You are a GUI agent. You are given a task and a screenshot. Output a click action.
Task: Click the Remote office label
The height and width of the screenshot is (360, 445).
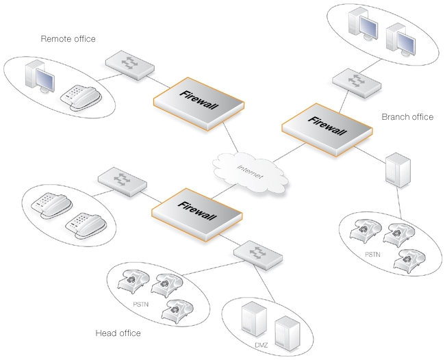[x=68, y=39]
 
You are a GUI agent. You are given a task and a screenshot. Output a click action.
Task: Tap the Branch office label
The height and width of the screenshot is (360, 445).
[x=407, y=117]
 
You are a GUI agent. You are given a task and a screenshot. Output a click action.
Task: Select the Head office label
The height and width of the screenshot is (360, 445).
[x=118, y=333]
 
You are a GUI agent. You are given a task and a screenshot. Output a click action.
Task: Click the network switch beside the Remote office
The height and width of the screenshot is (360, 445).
[x=130, y=64]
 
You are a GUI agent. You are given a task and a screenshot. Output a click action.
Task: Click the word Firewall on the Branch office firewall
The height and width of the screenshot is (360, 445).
[x=328, y=125]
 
